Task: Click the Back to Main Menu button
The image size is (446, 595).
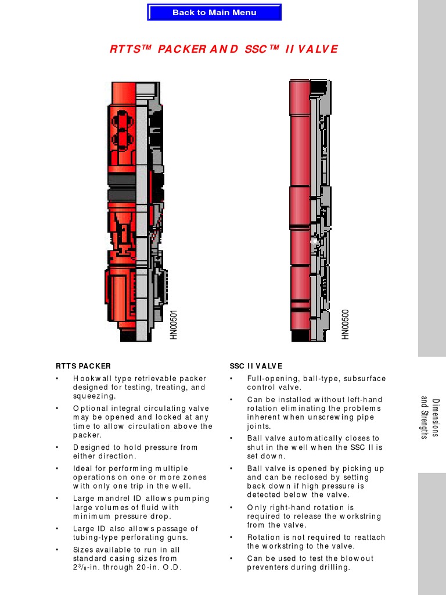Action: click(x=214, y=12)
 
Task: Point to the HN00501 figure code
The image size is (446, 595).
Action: click(x=173, y=324)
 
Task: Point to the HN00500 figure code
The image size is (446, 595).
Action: click(x=345, y=324)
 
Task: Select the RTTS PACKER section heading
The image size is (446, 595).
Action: click(x=83, y=366)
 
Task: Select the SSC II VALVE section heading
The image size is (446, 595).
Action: click(x=256, y=366)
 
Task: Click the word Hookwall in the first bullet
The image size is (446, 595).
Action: click(x=92, y=379)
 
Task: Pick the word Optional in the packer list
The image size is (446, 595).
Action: click(x=91, y=408)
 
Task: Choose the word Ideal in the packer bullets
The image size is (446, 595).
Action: click(x=82, y=468)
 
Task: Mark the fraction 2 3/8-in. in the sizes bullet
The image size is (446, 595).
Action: click(x=84, y=567)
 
